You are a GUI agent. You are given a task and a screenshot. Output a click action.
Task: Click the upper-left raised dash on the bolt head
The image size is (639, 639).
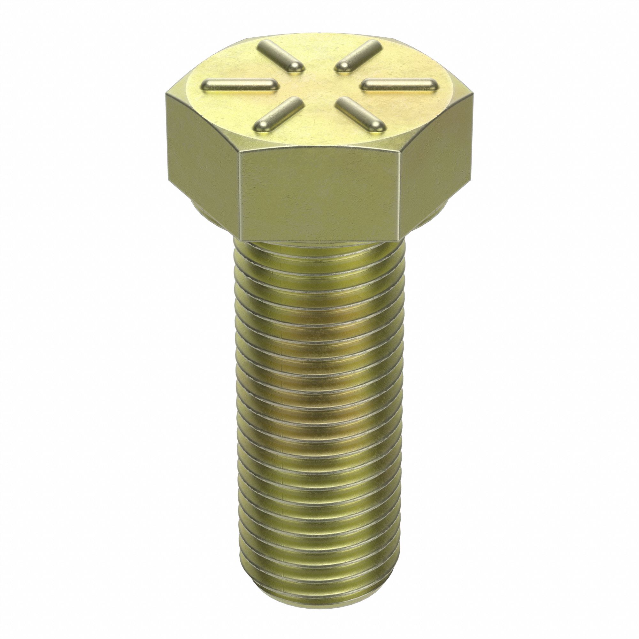pos(281,56)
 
